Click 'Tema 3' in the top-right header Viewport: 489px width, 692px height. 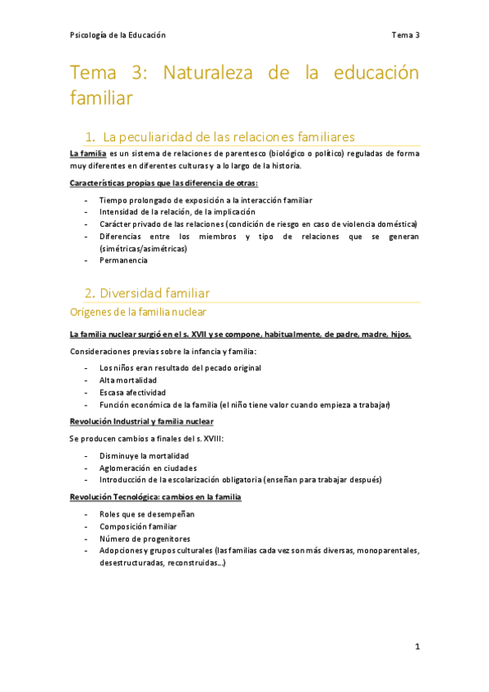click(x=405, y=35)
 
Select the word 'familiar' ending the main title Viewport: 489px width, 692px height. click(x=101, y=98)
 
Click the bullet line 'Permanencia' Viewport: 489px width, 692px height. click(x=123, y=260)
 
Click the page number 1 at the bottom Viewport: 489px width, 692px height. click(x=416, y=647)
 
